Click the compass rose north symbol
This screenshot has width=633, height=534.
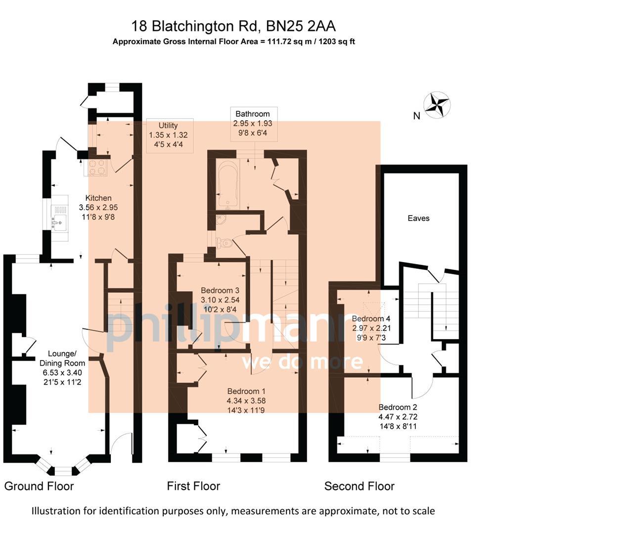pos(438,105)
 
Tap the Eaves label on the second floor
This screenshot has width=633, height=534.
pos(418,218)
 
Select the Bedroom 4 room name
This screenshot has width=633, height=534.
pos(371,318)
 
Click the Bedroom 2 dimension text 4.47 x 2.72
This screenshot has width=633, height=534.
pos(398,417)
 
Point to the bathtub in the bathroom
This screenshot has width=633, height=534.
pos(228,184)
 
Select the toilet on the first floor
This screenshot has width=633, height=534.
pos(225,243)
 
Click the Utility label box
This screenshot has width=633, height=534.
pos(168,135)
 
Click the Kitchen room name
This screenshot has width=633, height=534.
pos(98,198)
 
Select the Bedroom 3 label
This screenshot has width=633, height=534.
pos(220,290)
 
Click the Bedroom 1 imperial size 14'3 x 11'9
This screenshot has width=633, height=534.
pos(246,410)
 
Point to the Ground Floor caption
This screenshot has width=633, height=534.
pos(39,486)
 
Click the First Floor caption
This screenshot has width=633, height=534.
pos(193,486)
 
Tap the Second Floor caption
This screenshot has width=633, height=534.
pos(359,486)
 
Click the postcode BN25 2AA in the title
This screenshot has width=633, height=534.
pos(301,26)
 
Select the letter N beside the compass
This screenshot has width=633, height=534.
pos(416,116)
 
